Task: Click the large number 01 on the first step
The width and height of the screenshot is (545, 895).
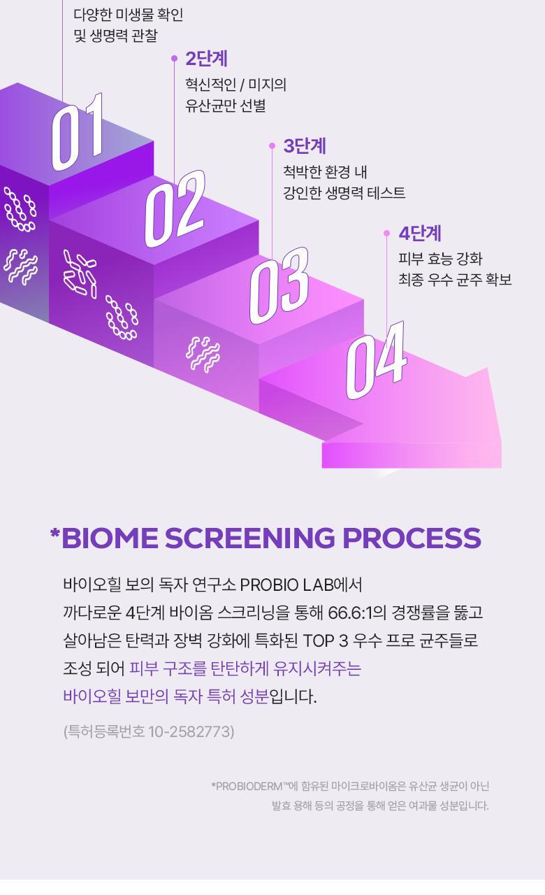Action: click(x=78, y=132)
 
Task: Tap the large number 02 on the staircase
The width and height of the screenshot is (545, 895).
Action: click(x=175, y=208)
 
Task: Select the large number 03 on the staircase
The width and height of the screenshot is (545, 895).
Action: click(x=279, y=286)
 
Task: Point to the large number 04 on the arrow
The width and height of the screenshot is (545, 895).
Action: click(x=376, y=360)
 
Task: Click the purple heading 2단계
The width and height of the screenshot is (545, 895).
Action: click(x=206, y=59)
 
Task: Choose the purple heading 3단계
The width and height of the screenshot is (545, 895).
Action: click(x=305, y=146)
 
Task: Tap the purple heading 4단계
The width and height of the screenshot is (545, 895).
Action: click(x=420, y=234)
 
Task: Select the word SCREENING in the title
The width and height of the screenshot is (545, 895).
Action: click(x=250, y=538)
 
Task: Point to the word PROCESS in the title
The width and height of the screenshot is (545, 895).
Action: click(x=412, y=538)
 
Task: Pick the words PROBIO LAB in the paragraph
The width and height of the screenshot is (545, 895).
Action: click(x=286, y=585)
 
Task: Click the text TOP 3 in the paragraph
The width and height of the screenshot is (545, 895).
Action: click(x=326, y=640)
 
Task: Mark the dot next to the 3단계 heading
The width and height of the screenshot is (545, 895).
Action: click(x=272, y=146)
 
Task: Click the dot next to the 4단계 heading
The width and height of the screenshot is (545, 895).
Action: click(x=386, y=234)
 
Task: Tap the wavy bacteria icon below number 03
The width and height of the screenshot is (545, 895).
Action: click(x=203, y=354)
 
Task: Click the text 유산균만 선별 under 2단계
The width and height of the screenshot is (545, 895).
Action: click(x=226, y=106)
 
